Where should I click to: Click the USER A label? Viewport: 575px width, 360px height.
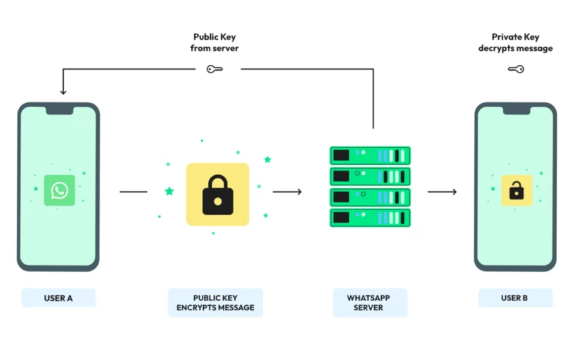point(58,298)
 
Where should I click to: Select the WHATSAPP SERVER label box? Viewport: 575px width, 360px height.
point(369,303)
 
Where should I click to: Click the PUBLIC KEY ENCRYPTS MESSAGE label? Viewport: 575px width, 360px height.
point(215,303)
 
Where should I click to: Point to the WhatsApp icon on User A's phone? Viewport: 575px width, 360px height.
point(59,190)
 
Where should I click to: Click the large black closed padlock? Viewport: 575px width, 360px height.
point(218,194)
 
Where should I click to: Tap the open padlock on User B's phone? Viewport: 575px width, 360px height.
point(517,190)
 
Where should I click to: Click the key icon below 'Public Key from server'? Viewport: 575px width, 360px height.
point(215,69)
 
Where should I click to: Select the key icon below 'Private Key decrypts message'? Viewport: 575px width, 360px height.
point(515,69)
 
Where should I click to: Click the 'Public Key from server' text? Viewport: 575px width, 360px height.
point(215,42)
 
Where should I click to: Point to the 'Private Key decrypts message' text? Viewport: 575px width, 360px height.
point(515,42)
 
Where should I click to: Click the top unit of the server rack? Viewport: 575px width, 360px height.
point(370,156)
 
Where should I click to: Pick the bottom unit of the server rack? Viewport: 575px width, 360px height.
point(370,217)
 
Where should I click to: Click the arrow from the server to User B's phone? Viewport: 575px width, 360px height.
point(442,192)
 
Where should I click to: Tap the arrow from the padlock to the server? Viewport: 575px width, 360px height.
point(287,192)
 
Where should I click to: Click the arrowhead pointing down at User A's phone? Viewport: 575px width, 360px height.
point(63,91)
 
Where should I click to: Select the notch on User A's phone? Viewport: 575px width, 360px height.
point(59,111)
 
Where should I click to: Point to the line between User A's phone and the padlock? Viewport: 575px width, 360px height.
point(133,192)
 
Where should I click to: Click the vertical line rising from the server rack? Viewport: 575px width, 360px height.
point(373,99)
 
